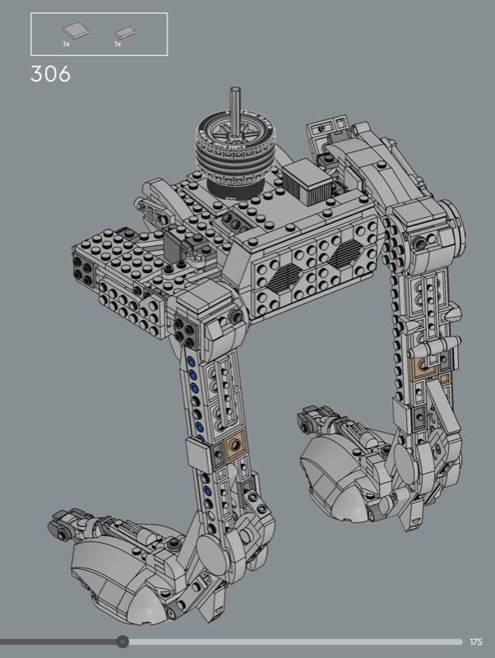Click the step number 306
click(50, 74)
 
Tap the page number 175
click(476, 642)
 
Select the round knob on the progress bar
click(123, 642)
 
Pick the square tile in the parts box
click(76, 30)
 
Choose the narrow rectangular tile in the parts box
click(125, 32)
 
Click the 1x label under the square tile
click(67, 44)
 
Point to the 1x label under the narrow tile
click(118, 44)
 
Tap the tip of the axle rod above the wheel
click(235, 88)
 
